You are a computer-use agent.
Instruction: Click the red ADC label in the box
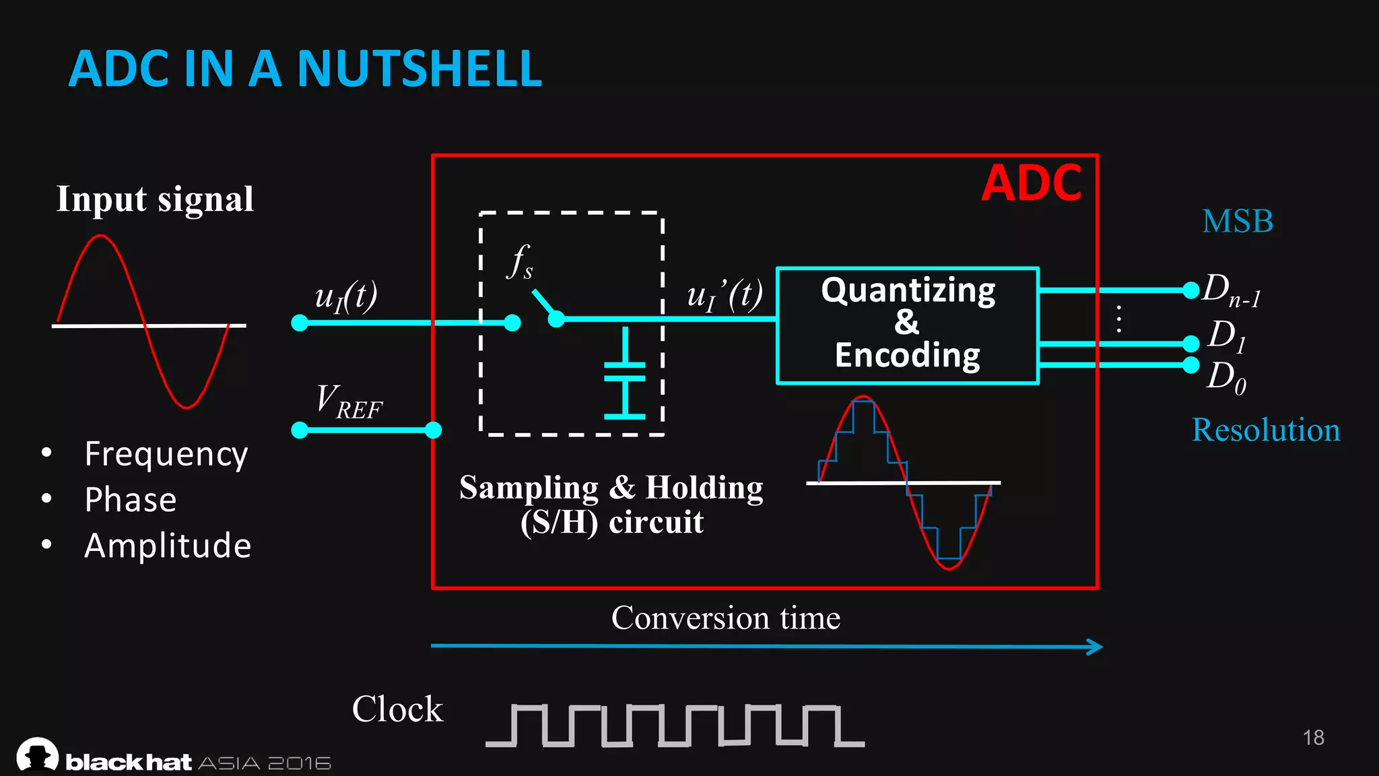point(1031,183)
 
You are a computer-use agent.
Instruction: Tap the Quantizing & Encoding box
point(908,325)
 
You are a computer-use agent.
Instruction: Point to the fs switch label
point(520,261)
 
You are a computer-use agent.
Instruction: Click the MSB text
point(1238,222)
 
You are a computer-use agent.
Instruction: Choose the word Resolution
point(1265,430)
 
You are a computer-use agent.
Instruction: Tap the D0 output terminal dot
point(1190,365)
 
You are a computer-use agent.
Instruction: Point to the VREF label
point(349,401)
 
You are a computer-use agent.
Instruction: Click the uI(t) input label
point(346,296)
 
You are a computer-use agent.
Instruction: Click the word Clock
point(397,709)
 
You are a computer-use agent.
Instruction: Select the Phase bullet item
point(131,500)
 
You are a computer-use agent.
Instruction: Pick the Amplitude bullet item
point(168,546)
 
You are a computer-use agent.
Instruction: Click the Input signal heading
point(155,199)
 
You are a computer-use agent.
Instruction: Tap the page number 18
point(1313,738)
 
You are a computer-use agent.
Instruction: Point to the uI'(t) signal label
point(725,295)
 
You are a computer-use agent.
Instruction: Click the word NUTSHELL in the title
point(419,69)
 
